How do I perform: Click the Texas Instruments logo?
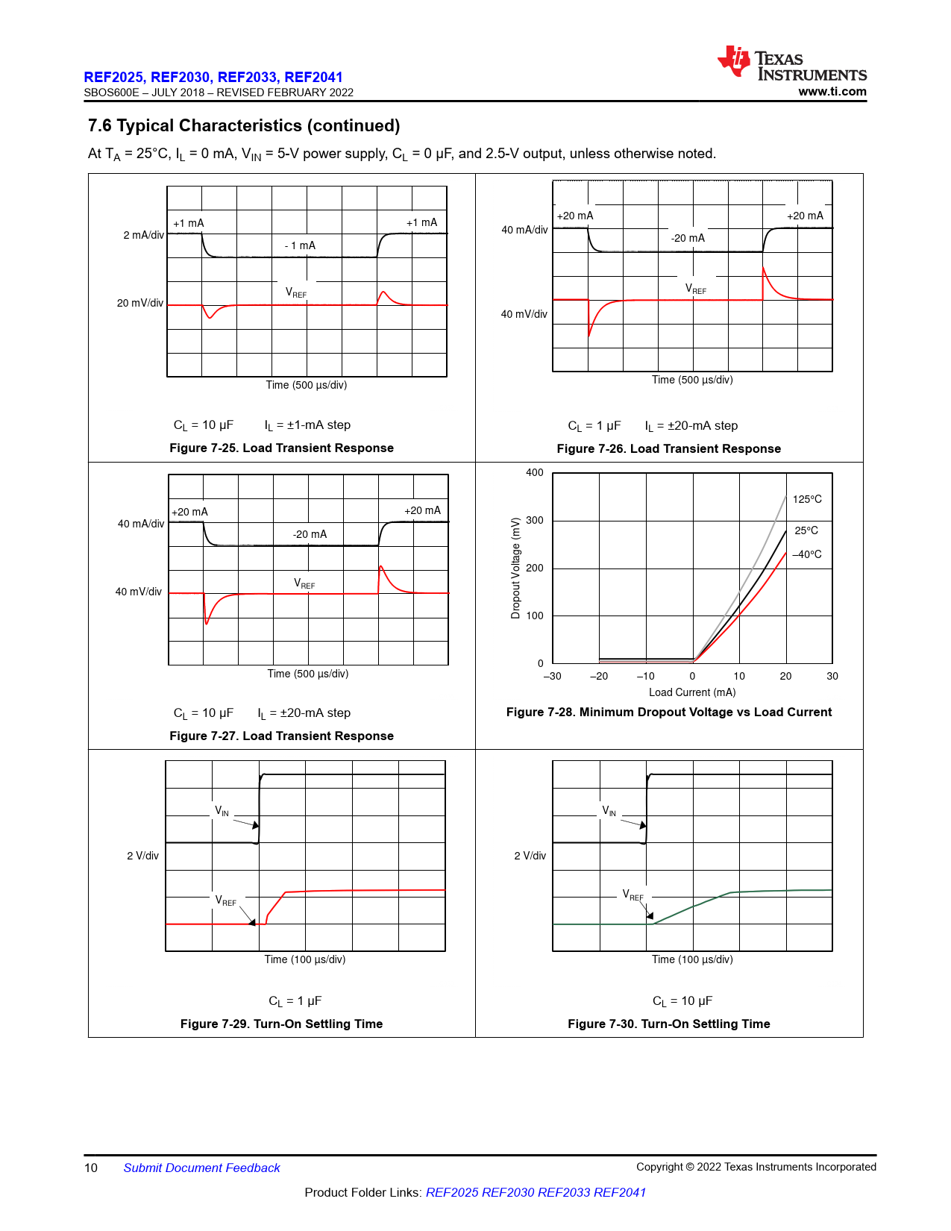click(791, 63)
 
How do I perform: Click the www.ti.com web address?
click(832, 92)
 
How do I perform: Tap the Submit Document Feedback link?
click(201, 1168)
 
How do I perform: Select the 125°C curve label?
click(807, 499)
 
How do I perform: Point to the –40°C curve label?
click(807, 554)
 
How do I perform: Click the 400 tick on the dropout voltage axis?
click(535, 472)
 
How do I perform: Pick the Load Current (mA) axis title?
click(692, 692)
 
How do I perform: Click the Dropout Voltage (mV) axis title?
click(515, 568)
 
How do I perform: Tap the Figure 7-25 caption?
click(281, 448)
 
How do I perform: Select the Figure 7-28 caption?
click(668, 712)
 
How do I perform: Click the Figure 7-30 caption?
click(668, 1024)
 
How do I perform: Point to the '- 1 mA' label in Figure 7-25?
click(300, 245)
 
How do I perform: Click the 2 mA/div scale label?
click(143, 235)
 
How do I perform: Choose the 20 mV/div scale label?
click(139, 303)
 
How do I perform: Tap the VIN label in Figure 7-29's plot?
click(222, 811)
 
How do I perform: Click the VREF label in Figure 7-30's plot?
click(633, 895)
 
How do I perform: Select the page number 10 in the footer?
click(91, 1168)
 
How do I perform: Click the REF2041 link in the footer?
click(619, 1192)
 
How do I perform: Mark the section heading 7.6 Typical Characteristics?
click(244, 125)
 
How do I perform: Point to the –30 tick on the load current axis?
click(552, 676)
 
